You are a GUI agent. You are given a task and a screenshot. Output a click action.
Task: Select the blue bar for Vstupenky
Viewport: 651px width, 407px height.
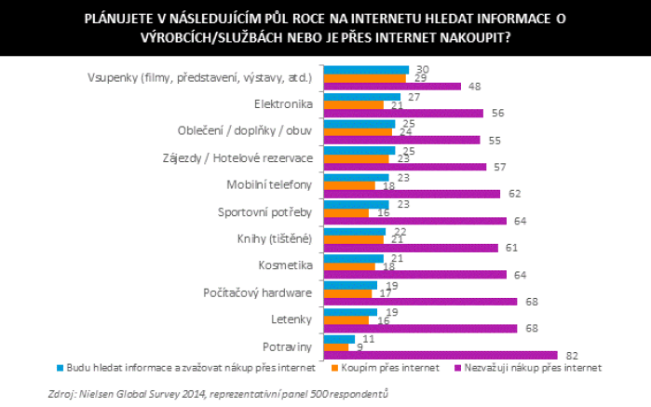click(366, 70)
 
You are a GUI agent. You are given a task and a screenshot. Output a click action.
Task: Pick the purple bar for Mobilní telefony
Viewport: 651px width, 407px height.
click(411, 194)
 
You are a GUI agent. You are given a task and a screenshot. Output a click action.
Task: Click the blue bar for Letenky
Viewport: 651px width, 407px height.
click(349, 312)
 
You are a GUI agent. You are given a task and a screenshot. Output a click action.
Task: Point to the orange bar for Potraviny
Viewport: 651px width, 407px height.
click(335, 346)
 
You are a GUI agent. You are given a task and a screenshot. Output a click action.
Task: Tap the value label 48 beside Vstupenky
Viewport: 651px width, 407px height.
click(473, 87)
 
